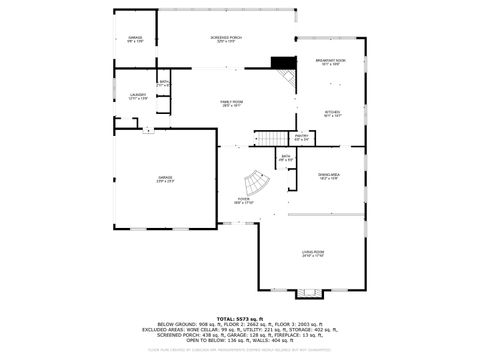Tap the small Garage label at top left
[135, 39]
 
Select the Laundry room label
[138, 97]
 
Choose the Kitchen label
[333, 114]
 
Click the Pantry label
[301, 138]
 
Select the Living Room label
[314, 254]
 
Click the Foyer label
[244, 201]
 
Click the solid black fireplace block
[288, 62]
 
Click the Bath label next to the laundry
[164, 83]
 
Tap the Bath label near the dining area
[286, 157]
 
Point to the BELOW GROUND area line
[240, 325]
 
